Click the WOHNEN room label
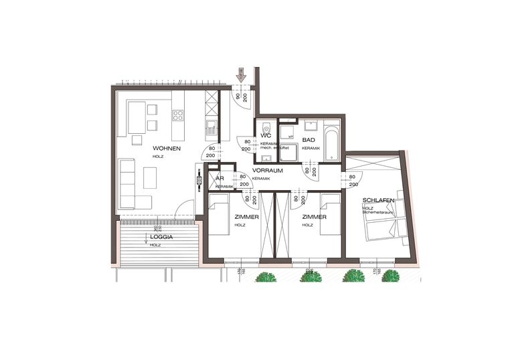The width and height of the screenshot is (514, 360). pos(167,148)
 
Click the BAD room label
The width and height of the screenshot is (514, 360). pos(309,140)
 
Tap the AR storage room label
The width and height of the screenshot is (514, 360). pos(219,179)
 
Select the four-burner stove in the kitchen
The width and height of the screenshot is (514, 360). pos(179,116)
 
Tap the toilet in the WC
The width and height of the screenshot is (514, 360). pos(266,128)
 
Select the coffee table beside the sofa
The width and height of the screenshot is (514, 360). pos(150,177)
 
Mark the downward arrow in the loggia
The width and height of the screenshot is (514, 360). pos(147,244)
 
